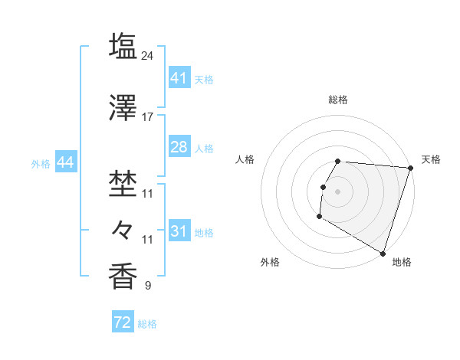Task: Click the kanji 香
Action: tap(123, 275)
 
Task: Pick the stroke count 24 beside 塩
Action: tap(148, 56)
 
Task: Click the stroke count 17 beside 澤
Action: tap(148, 117)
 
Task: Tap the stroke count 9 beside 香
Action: tap(148, 286)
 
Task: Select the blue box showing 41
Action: tap(179, 78)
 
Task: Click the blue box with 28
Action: tap(179, 147)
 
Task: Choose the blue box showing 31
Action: tap(179, 231)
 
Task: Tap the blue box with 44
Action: tap(64, 162)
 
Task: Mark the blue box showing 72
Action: tap(122, 323)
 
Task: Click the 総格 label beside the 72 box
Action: tap(147, 324)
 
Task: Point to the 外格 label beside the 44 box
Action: tap(41, 163)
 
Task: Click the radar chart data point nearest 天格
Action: tap(410, 169)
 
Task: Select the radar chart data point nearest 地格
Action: tap(382, 253)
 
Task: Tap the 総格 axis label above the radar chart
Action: tap(338, 100)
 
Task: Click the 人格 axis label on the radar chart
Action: tap(245, 159)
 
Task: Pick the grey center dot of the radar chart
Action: tap(338, 191)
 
